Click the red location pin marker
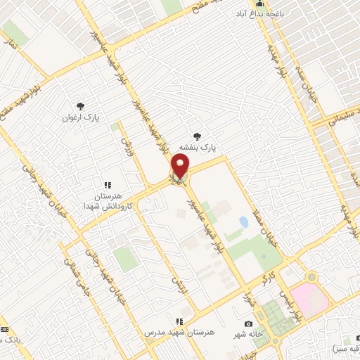pyautogui.click(x=180, y=167)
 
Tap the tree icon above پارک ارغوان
pyautogui.click(x=83, y=106)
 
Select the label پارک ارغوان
pyautogui.click(x=82, y=118)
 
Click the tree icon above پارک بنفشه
pyautogui.click(x=198, y=136)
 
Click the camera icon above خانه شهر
pyautogui.click(x=247, y=324)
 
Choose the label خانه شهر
pyautogui.click(x=248, y=335)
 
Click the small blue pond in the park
pyautogui.click(x=243, y=222)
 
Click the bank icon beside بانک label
pyautogui.click(x=4, y=330)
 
